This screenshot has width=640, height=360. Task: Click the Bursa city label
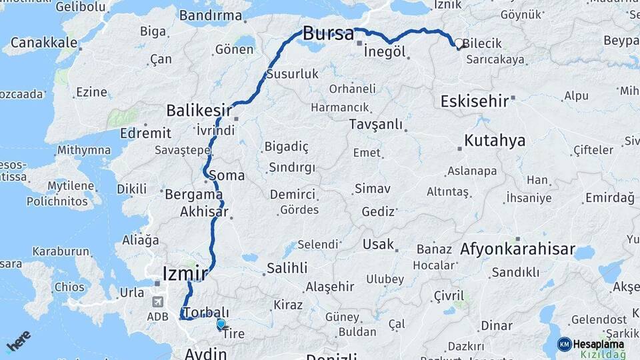point(328,33)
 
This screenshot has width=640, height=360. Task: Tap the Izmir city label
point(185,273)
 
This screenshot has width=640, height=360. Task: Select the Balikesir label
point(199,110)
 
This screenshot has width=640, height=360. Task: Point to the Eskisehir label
point(474,101)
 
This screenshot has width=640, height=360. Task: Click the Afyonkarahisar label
point(517,250)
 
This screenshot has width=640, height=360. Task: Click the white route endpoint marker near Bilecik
point(459,45)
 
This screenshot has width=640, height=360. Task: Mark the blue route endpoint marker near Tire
point(220,324)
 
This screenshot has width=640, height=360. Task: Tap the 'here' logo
point(18,341)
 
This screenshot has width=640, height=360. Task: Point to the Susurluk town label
point(292,74)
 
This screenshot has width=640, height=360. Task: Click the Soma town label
point(227,176)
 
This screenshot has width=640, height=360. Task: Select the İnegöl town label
point(385,52)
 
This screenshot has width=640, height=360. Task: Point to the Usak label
point(378,245)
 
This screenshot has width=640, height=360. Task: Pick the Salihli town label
point(287,268)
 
